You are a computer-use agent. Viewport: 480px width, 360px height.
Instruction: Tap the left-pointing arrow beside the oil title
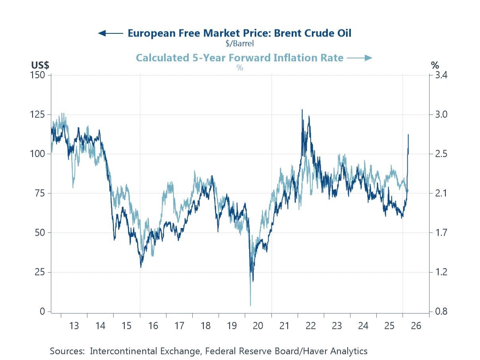pos(110,33)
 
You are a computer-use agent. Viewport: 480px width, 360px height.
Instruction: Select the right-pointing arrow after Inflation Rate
pos(360,58)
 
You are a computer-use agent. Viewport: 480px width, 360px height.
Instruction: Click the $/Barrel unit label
pos(239,43)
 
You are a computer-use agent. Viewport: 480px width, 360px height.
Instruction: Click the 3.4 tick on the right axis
pos(439,75)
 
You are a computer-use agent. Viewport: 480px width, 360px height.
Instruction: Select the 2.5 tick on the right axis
pos(439,154)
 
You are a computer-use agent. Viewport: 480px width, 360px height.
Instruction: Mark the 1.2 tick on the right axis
pos(439,272)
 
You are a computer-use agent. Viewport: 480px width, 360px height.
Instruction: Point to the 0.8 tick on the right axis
pos(439,312)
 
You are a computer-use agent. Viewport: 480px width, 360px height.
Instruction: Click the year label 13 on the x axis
pos(74,326)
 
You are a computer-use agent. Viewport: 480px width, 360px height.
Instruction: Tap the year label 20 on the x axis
pos(258,326)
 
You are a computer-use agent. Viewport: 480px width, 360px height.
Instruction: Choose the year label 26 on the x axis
pos(416,326)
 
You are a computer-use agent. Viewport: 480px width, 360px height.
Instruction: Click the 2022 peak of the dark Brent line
pos(302,110)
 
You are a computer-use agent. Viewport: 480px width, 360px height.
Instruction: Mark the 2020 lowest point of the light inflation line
pos(250,306)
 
